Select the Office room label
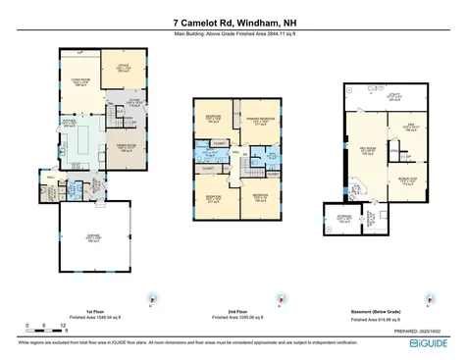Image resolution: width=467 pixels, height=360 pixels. tap(124, 68)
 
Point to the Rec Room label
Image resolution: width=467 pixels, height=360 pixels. tap(366, 149)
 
